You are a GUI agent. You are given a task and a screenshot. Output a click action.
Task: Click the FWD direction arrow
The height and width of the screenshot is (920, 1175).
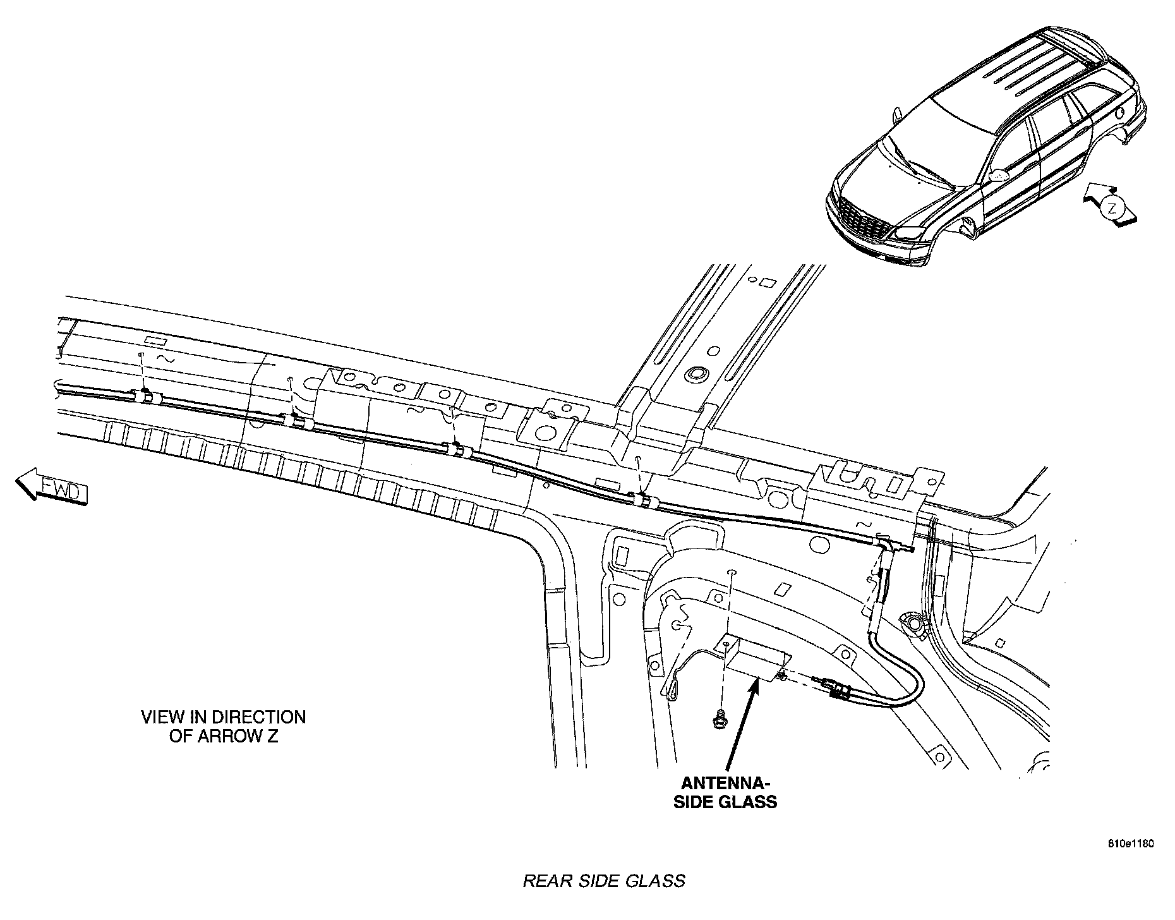click(x=51, y=488)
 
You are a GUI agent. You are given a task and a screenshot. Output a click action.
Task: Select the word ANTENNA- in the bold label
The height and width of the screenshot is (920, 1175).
click(x=726, y=784)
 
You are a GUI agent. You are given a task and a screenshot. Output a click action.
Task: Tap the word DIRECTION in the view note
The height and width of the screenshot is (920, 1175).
click(x=259, y=717)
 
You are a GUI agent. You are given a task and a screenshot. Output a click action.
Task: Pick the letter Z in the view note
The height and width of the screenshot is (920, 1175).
click(x=271, y=737)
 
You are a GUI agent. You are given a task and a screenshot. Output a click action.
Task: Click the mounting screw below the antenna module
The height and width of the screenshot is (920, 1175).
click(x=718, y=718)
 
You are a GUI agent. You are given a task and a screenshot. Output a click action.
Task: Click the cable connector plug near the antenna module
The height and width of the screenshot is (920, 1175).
click(x=832, y=687)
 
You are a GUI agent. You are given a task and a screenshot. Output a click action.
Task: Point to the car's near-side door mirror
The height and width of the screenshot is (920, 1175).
click(x=997, y=174)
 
